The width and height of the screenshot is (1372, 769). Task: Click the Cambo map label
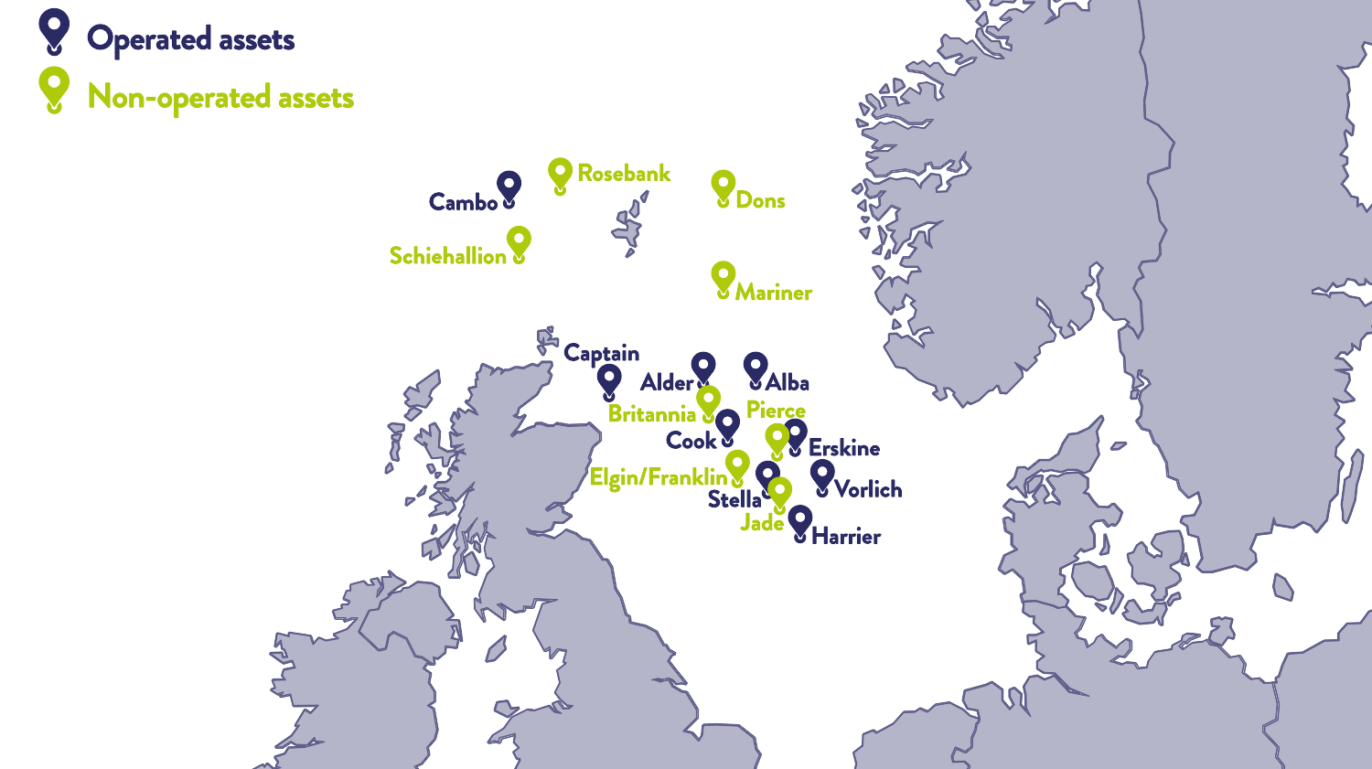(x=463, y=202)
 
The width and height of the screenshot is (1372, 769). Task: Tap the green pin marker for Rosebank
(x=560, y=174)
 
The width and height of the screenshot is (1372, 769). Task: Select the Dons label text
(x=760, y=200)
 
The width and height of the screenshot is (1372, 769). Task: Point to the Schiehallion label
(x=447, y=256)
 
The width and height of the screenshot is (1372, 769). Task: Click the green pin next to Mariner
(x=723, y=277)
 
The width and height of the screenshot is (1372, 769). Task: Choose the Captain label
(x=601, y=353)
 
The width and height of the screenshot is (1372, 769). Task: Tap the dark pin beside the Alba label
(x=755, y=368)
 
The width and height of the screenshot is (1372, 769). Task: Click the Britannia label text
(x=651, y=414)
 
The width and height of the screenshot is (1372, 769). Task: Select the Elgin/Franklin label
(x=658, y=477)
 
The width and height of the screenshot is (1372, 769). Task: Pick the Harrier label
(x=846, y=537)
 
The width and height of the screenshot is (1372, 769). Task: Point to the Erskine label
(x=844, y=448)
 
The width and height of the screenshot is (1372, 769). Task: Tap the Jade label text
(x=762, y=523)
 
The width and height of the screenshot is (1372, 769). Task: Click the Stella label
(x=734, y=500)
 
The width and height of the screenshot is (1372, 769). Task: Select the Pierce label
(x=776, y=410)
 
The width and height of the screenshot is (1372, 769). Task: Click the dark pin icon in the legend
(x=54, y=29)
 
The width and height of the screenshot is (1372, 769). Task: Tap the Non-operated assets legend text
(x=220, y=97)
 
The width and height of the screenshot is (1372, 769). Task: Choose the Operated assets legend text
(x=190, y=39)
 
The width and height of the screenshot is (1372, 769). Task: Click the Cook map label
(x=691, y=441)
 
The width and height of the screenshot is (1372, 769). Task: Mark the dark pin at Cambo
(x=509, y=187)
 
